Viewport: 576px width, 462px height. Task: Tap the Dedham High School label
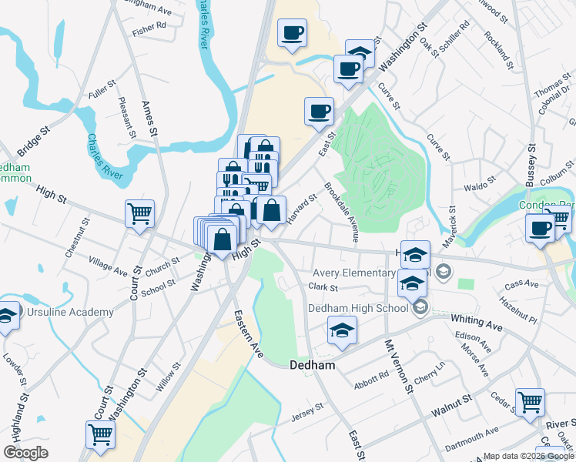point(358,308)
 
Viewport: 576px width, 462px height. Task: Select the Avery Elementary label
point(353,273)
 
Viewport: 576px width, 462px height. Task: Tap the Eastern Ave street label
point(249,333)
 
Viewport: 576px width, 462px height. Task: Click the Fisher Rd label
point(149,26)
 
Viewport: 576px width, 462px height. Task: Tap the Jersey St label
point(304,417)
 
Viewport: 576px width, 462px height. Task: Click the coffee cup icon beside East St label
point(319,111)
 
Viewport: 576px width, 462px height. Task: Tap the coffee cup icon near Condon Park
point(539,227)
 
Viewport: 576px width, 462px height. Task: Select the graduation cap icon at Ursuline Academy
point(6,316)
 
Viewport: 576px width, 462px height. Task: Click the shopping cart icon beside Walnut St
point(530,400)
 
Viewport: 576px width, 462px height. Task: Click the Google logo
point(26,453)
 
